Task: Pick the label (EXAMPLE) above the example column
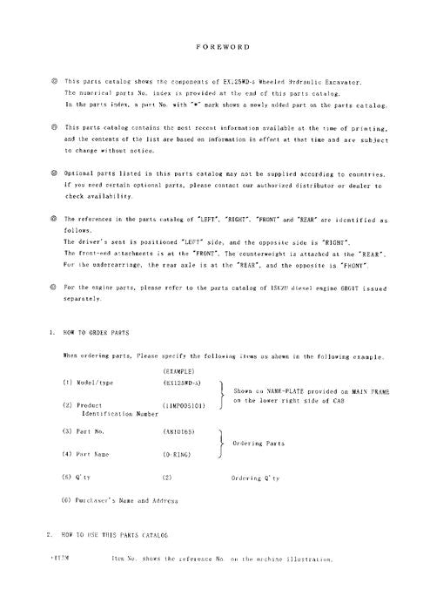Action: pyautogui.click(x=179, y=372)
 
